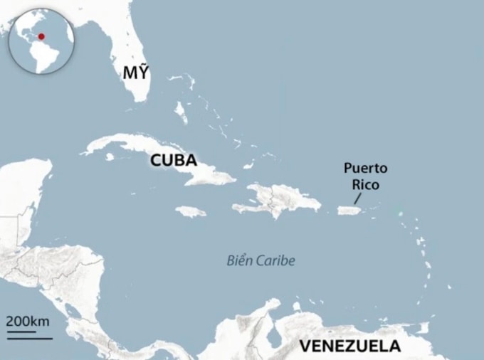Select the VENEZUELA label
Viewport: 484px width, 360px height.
click(349, 346)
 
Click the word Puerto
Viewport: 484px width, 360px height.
click(366, 169)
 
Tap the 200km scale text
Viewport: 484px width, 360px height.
click(28, 320)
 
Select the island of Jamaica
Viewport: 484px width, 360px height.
click(191, 211)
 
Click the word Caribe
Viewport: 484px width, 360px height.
click(278, 260)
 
